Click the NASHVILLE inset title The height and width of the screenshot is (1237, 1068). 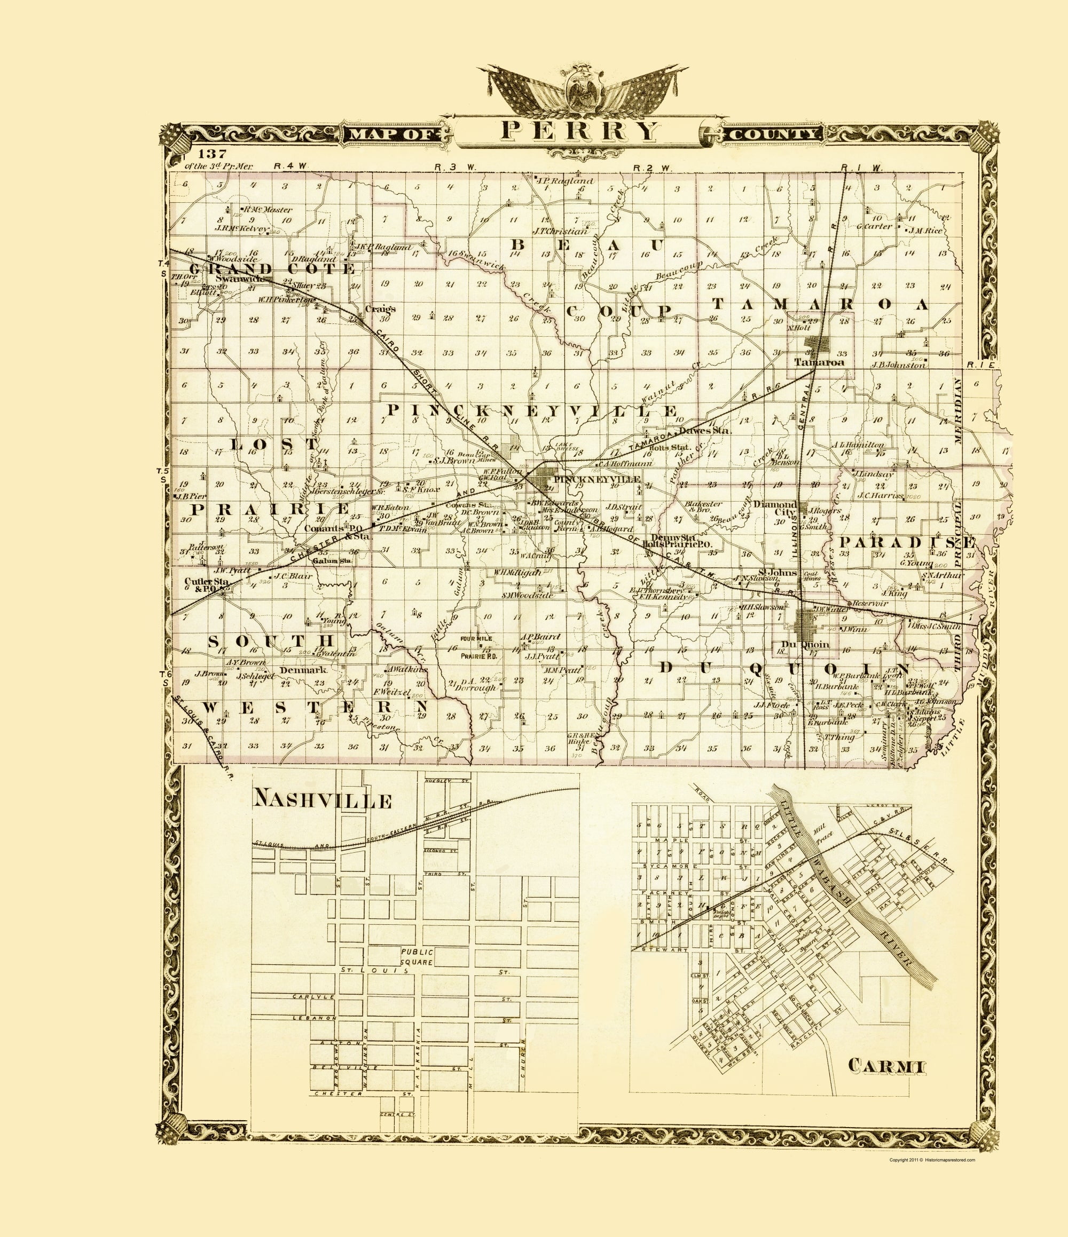pos(323,800)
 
